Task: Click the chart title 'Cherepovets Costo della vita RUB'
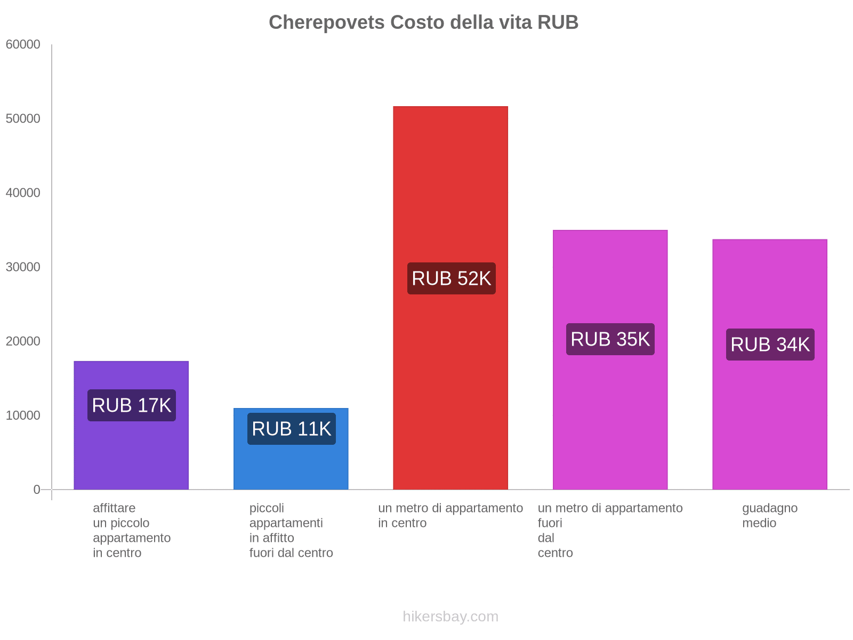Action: pos(423,22)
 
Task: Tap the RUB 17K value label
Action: pos(132,405)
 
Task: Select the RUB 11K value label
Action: pos(292,429)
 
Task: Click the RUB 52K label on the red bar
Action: pos(451,278)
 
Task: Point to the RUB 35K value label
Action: pos(610,339)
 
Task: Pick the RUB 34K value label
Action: pos(770,345)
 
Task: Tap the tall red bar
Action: pos(450,187)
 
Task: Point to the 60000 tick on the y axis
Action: pos(23,45)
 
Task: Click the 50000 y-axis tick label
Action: pos(23,119)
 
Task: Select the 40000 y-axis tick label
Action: pos(23,193)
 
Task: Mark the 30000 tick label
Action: pos(23,267)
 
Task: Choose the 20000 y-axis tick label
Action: pos(23,341)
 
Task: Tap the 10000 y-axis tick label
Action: pos(23,415)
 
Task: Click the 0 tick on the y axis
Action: pos(37,490)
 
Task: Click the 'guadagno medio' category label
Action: pos(769,515)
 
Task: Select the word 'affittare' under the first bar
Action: pos(114,508)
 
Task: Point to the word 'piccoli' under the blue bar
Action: pos(267,508)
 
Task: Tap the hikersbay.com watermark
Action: pos(450,617)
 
